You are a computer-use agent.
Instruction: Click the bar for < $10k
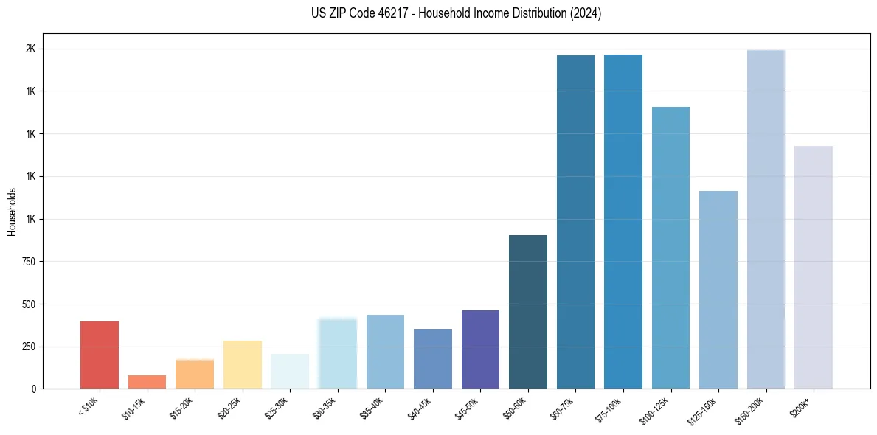pyautogui.click(x=100, y=355)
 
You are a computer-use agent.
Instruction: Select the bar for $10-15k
pyautogui.click(x=147, y=382)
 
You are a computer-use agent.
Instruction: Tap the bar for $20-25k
pyautogui.click(x=242, y=364)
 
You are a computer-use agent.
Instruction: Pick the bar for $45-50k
pyautogui.click(x=480, y=349)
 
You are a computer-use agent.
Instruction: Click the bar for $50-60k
pyautogui.click(x=528, y=312)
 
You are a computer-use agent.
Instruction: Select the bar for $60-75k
pyautogui.click(x=575, y=222)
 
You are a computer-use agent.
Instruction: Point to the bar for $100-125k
pyautogui.click(x=670, y=248)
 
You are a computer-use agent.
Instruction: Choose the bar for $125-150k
pyautogui.click(x=718, y=290)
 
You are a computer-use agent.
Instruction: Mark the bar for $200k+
pyautogui.click(x=814, y=267)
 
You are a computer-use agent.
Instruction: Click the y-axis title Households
pyautogui.click(x=13, y=212)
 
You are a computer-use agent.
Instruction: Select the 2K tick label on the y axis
pyautogui.click(x=32, y=49)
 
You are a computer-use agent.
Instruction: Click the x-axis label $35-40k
pyautogui.click(x=374, y=407)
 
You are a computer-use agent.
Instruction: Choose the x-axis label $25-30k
pyautogui.click(x=279, y=407)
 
